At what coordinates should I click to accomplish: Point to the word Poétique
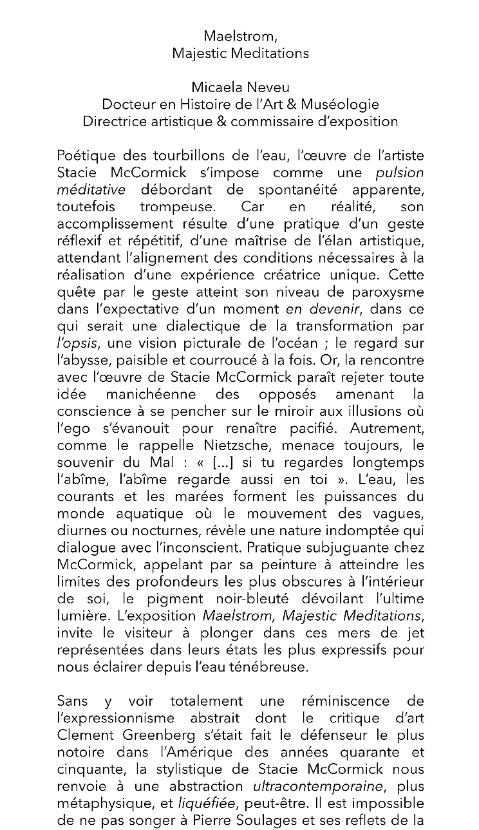point(83,156)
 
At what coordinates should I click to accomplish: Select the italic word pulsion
point(400,173)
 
